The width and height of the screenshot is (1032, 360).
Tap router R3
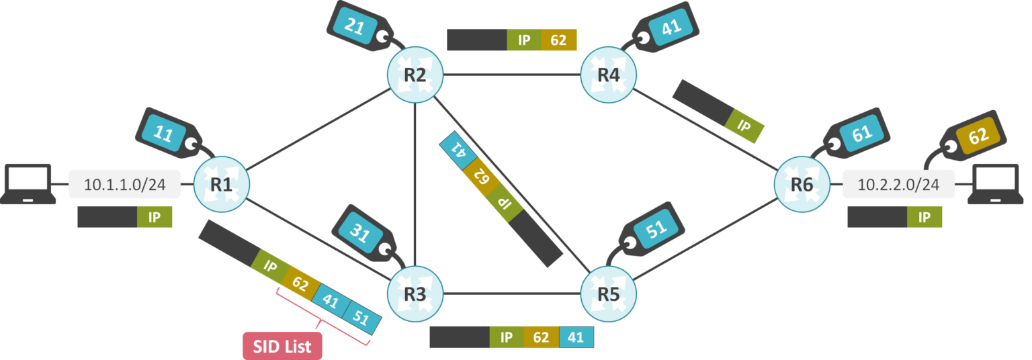(x=415, y=294)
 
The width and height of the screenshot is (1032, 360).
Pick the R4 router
(x=608, y=75)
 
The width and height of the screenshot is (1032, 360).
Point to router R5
(x=609, y=294)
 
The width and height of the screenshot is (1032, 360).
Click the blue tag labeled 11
(x=163, y=132)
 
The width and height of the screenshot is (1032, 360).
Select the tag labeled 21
(x=355, y=25)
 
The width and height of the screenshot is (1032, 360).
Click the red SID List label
(x=282, y=347)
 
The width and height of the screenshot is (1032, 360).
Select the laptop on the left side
(x=28, y=183)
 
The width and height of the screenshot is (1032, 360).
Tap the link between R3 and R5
(x=511, y=294)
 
